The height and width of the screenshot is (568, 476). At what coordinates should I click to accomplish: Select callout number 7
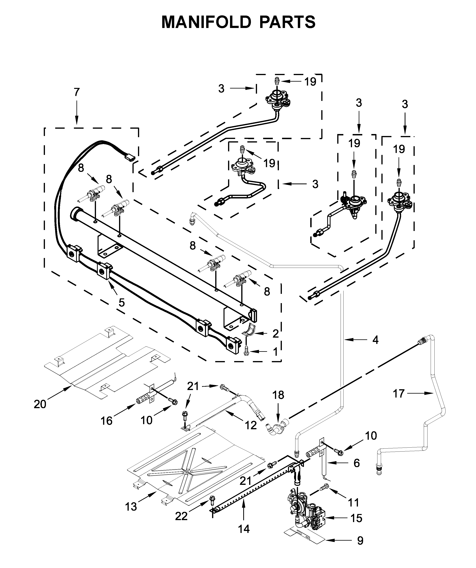pos(77,92)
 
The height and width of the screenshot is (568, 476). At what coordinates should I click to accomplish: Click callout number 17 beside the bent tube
pos(399,394)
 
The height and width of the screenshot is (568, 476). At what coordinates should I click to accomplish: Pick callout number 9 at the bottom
pos(360,548)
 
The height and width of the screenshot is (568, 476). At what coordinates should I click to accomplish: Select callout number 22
pos(181,517)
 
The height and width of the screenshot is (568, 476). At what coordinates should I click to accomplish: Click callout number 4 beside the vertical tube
pos(375,340)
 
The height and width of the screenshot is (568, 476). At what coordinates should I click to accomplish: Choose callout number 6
pos(357,463)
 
